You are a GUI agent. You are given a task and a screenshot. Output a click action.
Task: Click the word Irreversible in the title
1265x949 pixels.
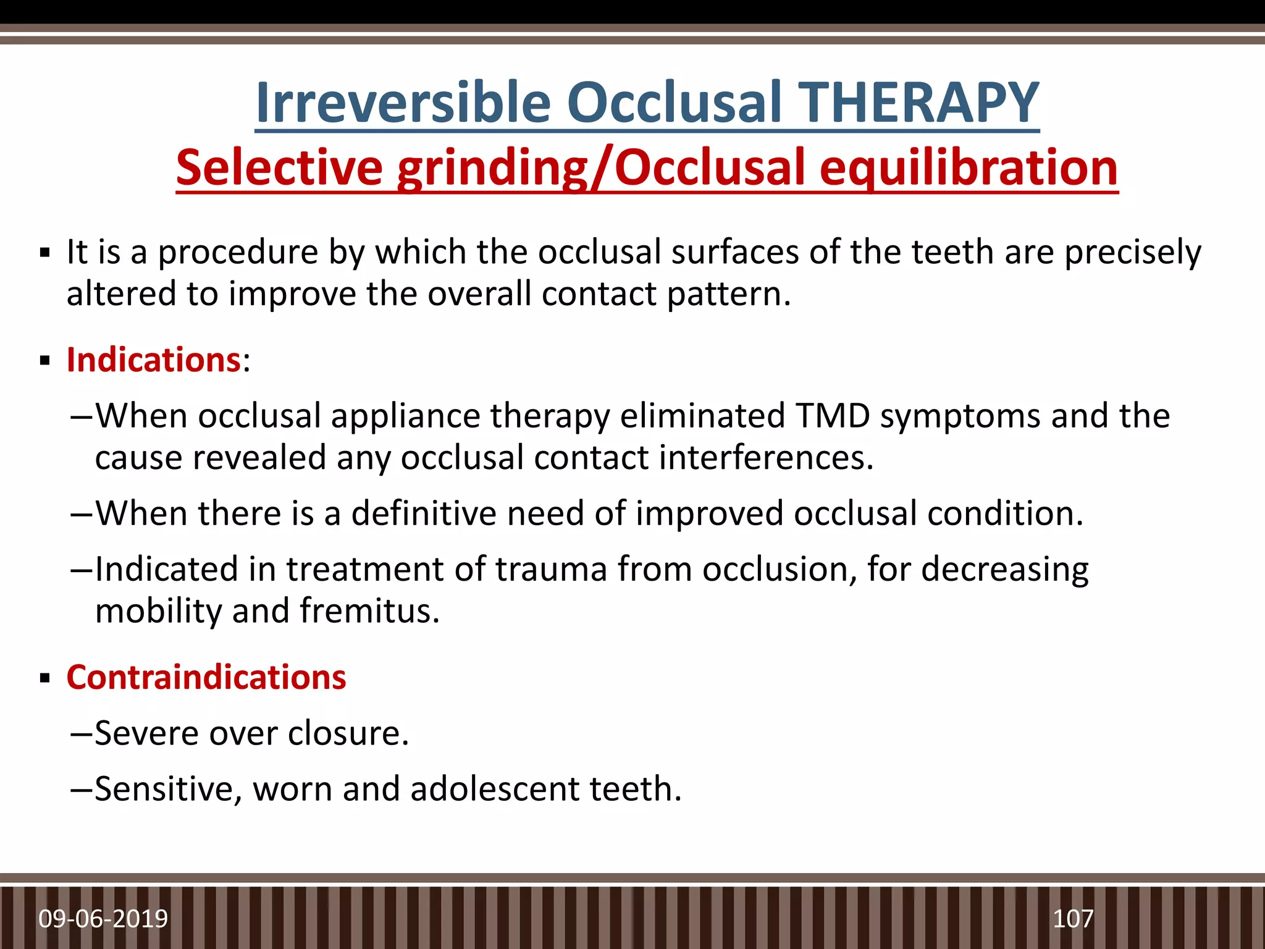pos(403,103)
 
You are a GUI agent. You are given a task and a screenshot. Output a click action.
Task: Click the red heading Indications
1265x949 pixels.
pos(153,360)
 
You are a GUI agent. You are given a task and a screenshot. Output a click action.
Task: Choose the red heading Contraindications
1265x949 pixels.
pos(206,677)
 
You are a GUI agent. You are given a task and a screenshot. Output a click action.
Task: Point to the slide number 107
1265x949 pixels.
pos(1073,919)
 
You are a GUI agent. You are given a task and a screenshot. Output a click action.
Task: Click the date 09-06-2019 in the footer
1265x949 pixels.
pos(103,919)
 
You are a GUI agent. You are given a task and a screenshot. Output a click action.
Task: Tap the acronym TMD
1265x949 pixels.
pos(833,415)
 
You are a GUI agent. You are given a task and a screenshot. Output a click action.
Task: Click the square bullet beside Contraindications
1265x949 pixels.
pos(44,678)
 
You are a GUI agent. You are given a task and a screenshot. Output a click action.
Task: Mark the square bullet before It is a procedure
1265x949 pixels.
pos(44,253)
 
